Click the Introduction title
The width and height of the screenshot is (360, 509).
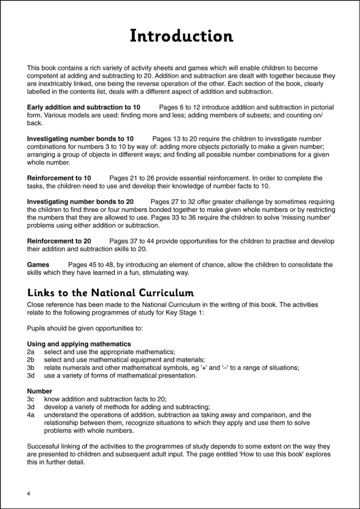click(x=181, y=36)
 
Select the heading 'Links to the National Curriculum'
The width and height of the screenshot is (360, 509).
click(x=111, y=293)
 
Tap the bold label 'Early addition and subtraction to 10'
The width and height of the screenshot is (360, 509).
click(x=83, y=108)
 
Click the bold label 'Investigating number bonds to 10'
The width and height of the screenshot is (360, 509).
click(x=80, y=139)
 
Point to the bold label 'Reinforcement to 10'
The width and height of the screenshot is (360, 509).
click(x=59, y=178)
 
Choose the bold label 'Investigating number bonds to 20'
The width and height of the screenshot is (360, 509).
click(x=80, y=202)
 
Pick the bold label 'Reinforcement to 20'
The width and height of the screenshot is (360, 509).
click(x=59, y=242)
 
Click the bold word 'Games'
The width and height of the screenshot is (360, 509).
click(x=38, y=265)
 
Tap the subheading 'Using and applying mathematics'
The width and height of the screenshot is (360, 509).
click(x=79, y=344)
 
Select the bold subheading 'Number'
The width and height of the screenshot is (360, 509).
click(x=40, y=391)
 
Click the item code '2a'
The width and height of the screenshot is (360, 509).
click(x=31, y=352)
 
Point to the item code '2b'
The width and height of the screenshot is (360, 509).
click(x=31, y=360)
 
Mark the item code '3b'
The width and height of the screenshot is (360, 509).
click(x=31, y=368)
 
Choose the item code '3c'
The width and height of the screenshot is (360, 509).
click(x=31, y=399)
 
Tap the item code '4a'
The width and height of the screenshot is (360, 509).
click(x=31, y=415)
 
